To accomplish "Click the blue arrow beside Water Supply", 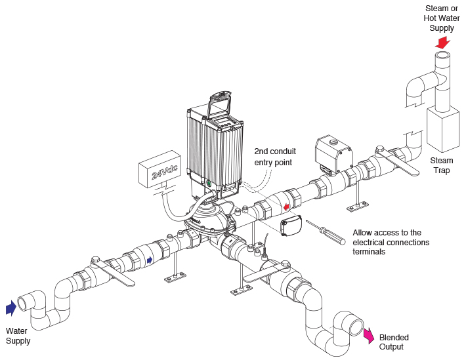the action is [x=11, y=308].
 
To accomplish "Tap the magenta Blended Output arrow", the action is [x=369, y=335].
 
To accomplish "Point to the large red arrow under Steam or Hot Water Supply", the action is [x=442, y=43].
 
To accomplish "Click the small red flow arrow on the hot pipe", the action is [x=286, y=207].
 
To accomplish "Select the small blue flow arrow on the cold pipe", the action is [x=150, y=260].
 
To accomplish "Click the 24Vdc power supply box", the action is [x=159, y=169].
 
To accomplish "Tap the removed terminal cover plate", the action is [x=291, y=226].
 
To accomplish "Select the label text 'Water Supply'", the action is [x=18, y=336].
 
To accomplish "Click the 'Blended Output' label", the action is [x=394, y=342].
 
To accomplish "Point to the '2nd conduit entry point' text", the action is [x=275, y=157].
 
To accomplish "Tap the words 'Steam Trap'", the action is [x=442, y=165].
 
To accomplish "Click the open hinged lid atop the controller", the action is [x=221, y=106].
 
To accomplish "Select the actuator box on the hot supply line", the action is [x=334, y=155].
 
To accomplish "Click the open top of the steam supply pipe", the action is [x=442, y=56].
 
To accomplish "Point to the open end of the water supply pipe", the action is [x=22, y=304].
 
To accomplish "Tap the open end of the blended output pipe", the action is [x=356, y=326].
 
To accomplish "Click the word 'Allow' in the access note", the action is [x=362, y=232].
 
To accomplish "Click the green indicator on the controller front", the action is [x=209, y=183].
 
